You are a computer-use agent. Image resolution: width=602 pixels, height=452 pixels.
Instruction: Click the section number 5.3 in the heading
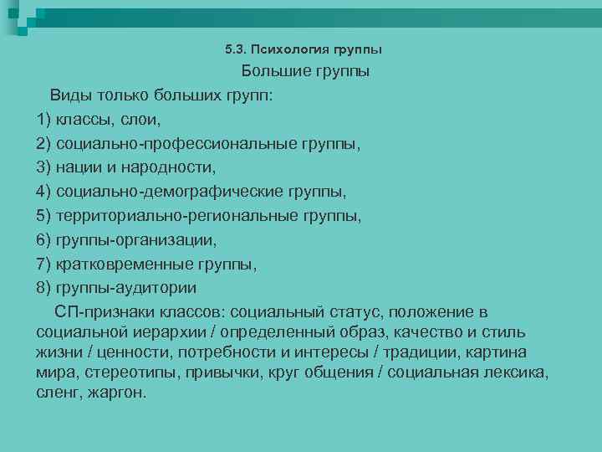pos(235,50)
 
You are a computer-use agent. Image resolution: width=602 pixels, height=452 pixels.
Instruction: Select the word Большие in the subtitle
pos(273,72)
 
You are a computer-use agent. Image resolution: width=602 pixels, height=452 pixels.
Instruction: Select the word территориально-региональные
pos(171,216)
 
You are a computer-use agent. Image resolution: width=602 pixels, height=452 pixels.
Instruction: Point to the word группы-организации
pos(135,240)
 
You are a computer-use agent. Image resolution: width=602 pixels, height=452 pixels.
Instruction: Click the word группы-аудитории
pos(126,289)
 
